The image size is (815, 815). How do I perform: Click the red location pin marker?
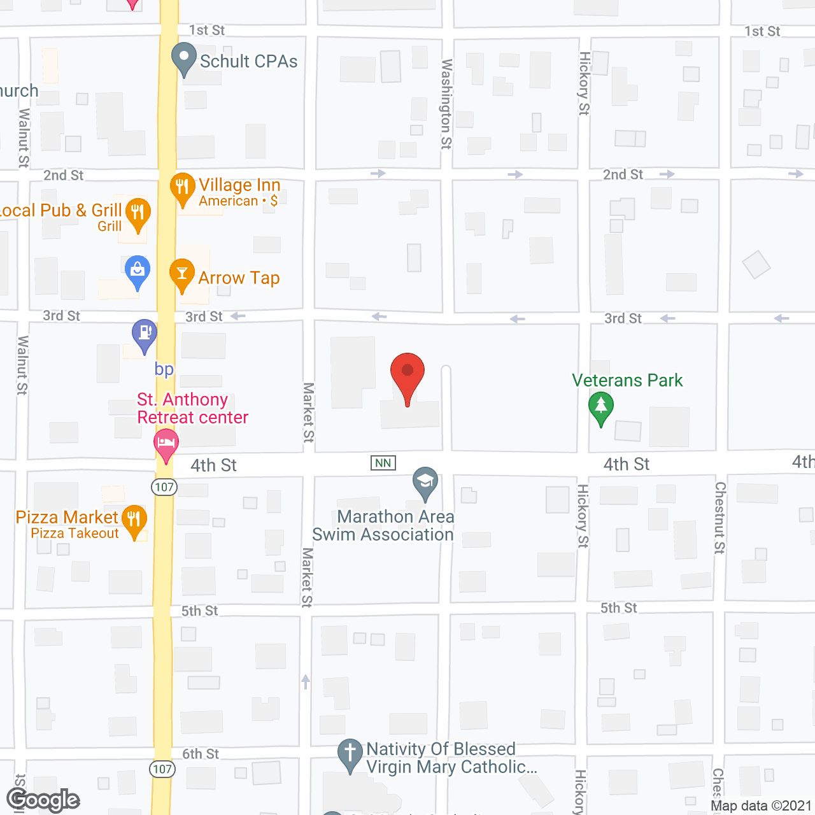pos(407,372)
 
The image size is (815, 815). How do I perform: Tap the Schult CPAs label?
pos(248,61)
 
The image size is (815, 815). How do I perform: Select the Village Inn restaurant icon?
pos(182,187)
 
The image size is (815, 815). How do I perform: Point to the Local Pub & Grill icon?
pos(138,212)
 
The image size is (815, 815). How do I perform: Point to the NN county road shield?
pos(383,463)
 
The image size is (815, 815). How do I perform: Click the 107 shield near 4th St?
pos(164,487)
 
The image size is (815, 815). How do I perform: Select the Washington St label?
pos(447,104)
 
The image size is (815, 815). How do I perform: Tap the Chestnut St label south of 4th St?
pos(720,517)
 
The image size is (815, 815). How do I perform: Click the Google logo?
pos(43,800)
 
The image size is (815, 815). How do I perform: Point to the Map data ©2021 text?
pos(761,805)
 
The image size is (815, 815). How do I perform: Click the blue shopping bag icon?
pos(138,270)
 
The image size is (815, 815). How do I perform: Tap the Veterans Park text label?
pos(627,380)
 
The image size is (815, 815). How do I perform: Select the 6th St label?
pos(201,754)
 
